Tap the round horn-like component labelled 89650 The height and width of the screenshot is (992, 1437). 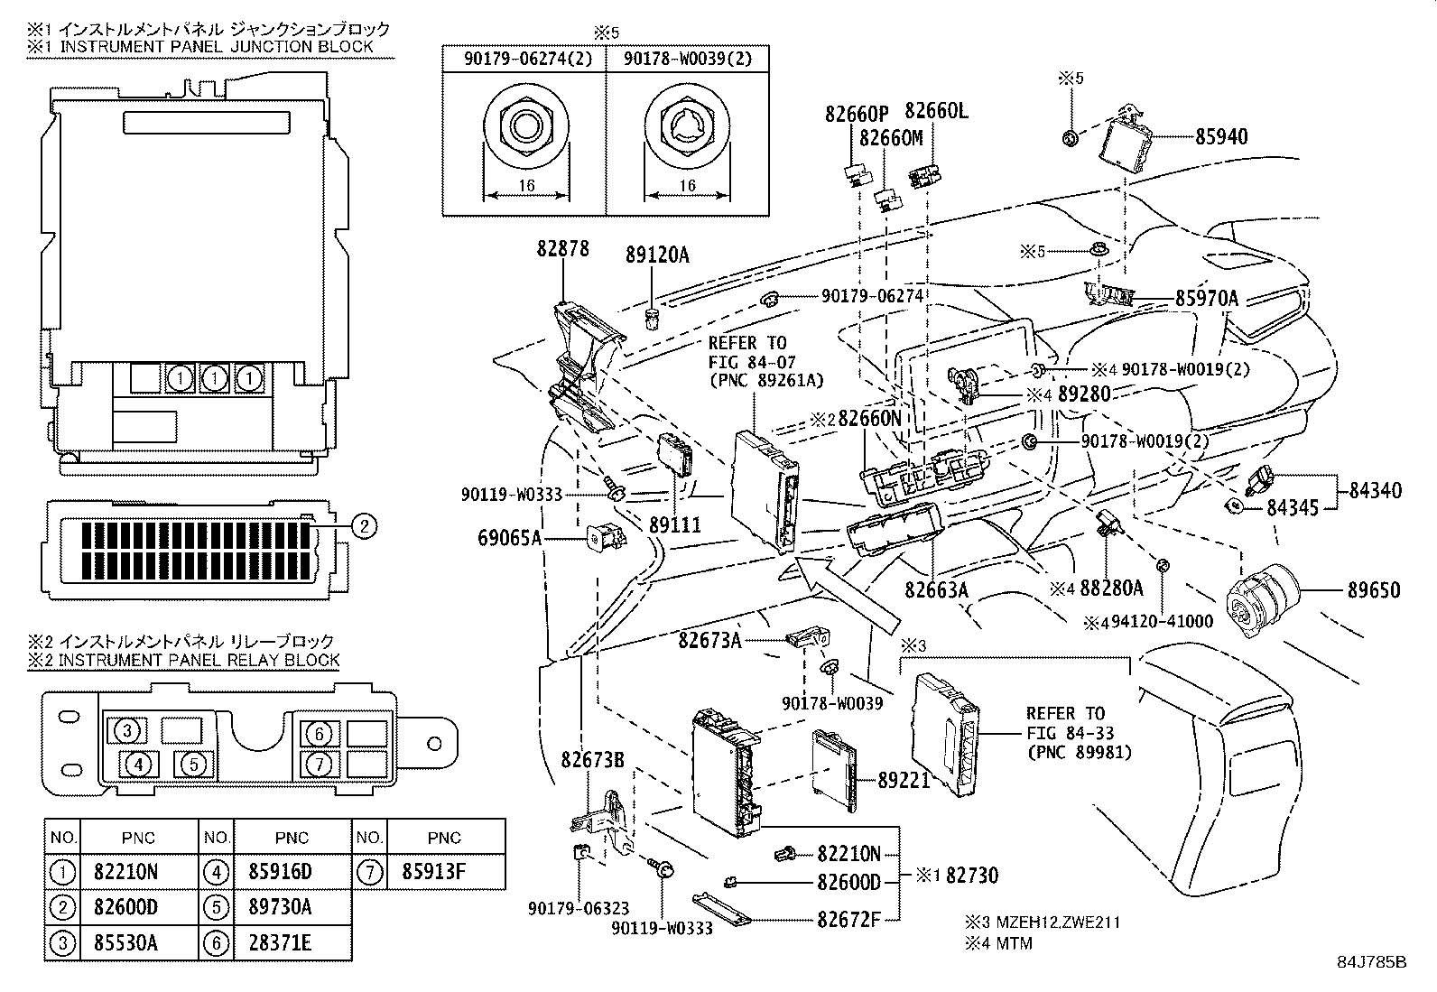[x=1262, y=597]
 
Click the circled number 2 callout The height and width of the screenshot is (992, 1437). [x=362, y=525]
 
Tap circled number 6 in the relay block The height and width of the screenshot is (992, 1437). [x=320, y=733]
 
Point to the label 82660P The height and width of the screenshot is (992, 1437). [x=857, y=114]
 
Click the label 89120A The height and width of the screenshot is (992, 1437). [x=656, y=255]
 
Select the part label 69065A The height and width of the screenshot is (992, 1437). [x=508, y=539]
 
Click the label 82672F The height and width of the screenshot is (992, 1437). [x=848, y=920]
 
